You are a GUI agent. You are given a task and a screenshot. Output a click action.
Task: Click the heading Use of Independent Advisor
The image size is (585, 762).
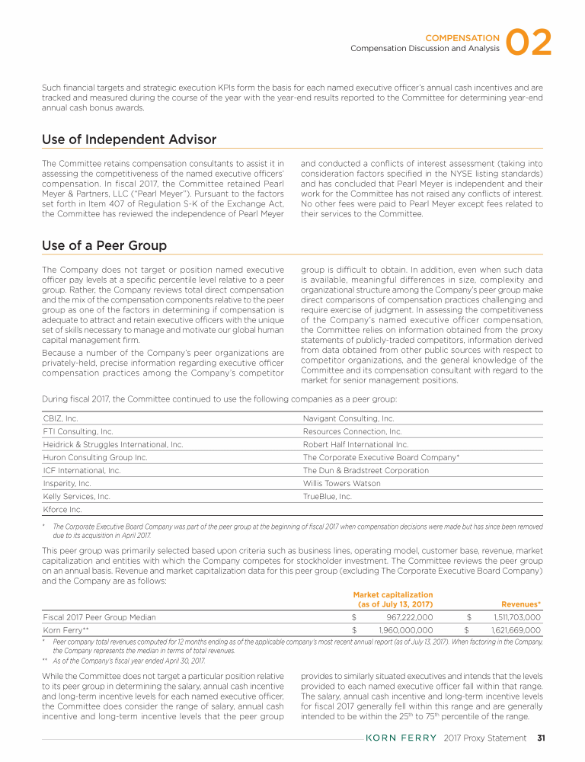tap(129, 139)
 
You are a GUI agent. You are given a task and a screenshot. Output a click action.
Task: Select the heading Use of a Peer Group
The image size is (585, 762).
tap(104, 245)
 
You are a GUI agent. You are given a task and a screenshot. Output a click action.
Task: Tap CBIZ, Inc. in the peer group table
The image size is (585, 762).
tap(61, 418)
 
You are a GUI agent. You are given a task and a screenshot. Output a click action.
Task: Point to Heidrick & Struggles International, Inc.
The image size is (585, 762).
tap(113, 444)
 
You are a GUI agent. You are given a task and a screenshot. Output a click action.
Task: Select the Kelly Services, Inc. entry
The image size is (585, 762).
tap(77, 496)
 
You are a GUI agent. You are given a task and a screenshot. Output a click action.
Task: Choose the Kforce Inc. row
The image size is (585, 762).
tap(62, 509)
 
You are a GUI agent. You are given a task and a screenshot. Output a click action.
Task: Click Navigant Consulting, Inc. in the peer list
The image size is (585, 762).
tap(348, 418)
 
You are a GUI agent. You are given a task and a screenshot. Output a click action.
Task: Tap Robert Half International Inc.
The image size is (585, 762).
tap(356, 444)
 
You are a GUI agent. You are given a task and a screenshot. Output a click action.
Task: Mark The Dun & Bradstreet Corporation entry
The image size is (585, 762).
tap(366, 470)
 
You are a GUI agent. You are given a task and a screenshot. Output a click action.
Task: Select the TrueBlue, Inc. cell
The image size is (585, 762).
tap(328, 496)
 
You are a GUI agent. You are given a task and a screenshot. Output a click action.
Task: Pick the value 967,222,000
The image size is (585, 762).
tap(405, 617)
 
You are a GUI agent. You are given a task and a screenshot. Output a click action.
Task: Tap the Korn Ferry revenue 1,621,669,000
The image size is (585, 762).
tap(512, 630)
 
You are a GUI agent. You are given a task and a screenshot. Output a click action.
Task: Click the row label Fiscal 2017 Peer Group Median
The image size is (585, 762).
tap(100, 617)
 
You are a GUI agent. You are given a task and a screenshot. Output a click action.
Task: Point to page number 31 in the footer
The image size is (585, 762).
tap(541, 738)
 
